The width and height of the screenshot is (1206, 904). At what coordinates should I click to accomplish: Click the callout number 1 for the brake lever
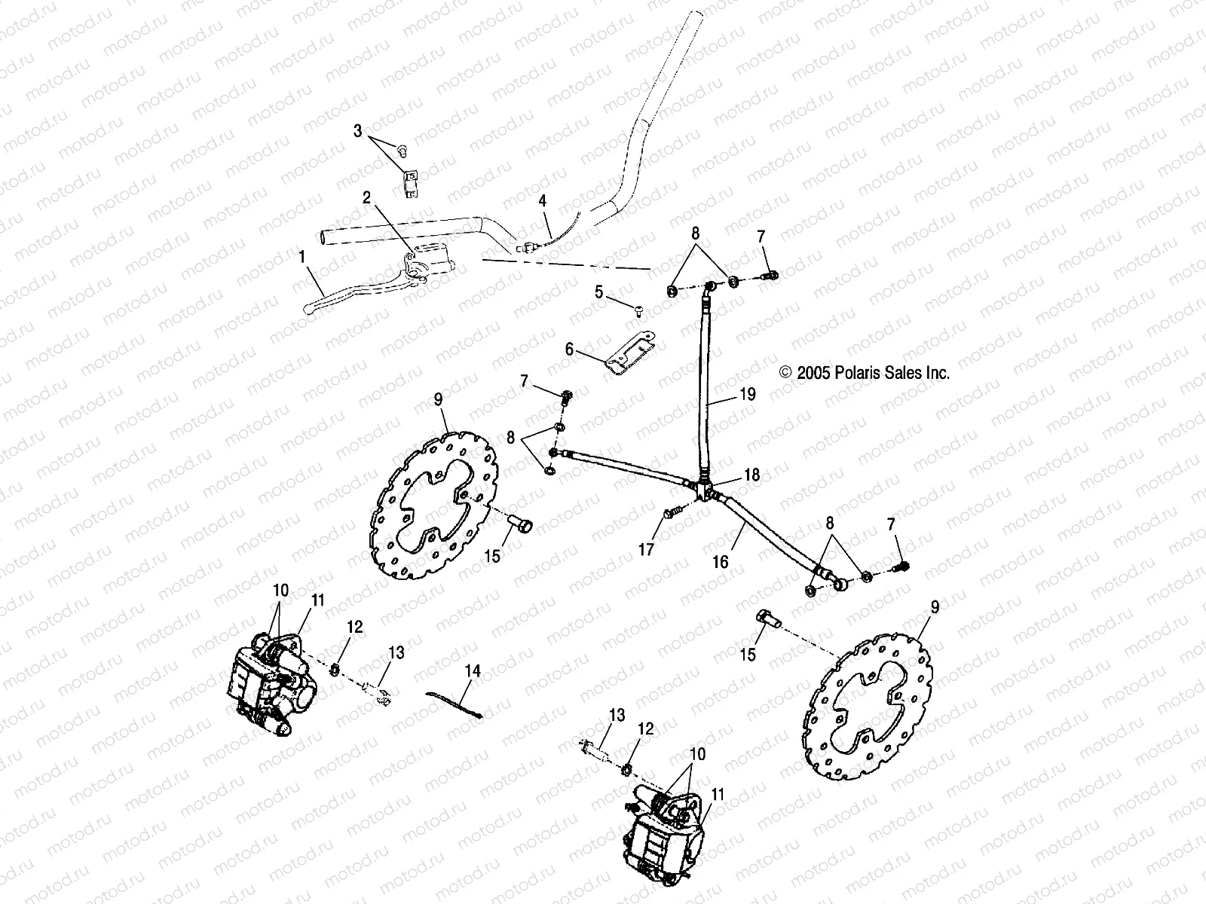point(302,257)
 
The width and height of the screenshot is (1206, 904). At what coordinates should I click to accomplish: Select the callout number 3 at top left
point(357,131)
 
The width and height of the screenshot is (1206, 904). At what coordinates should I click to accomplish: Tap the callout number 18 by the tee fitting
point(751,475)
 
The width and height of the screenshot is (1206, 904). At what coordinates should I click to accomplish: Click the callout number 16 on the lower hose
point(721,562)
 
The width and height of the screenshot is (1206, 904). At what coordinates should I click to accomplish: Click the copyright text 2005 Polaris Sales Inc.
point(864,372)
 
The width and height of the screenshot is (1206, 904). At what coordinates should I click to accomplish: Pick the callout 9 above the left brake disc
point(438,399)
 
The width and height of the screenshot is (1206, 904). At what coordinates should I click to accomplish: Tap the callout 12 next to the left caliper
point(355,627)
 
